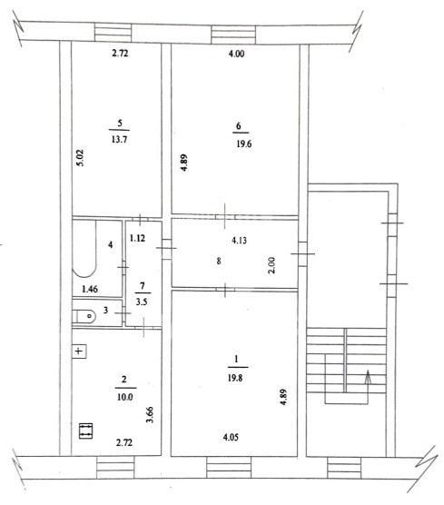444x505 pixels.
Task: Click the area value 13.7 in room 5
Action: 120,140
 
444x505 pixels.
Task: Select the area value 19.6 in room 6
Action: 244,144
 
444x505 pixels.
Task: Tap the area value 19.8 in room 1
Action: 235,378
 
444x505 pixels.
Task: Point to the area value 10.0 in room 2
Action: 125,397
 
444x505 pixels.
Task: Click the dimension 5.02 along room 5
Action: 81,157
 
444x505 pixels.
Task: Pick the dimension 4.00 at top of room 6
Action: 236,54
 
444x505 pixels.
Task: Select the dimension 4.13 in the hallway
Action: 239,241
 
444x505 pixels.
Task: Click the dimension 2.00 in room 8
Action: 272,264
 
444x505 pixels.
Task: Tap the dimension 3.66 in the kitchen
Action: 150,415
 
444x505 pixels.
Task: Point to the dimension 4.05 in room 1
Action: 231,438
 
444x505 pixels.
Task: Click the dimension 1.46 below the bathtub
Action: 90,289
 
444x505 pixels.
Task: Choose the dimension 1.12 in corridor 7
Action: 137,238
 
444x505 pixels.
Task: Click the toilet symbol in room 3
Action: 84,316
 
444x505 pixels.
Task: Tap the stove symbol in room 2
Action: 85,431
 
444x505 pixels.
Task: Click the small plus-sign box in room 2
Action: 79,352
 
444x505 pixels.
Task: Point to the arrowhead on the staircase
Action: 368,377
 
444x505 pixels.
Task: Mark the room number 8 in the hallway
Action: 219,261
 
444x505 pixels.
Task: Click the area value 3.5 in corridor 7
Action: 142,302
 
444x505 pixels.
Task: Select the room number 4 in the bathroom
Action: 111,244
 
